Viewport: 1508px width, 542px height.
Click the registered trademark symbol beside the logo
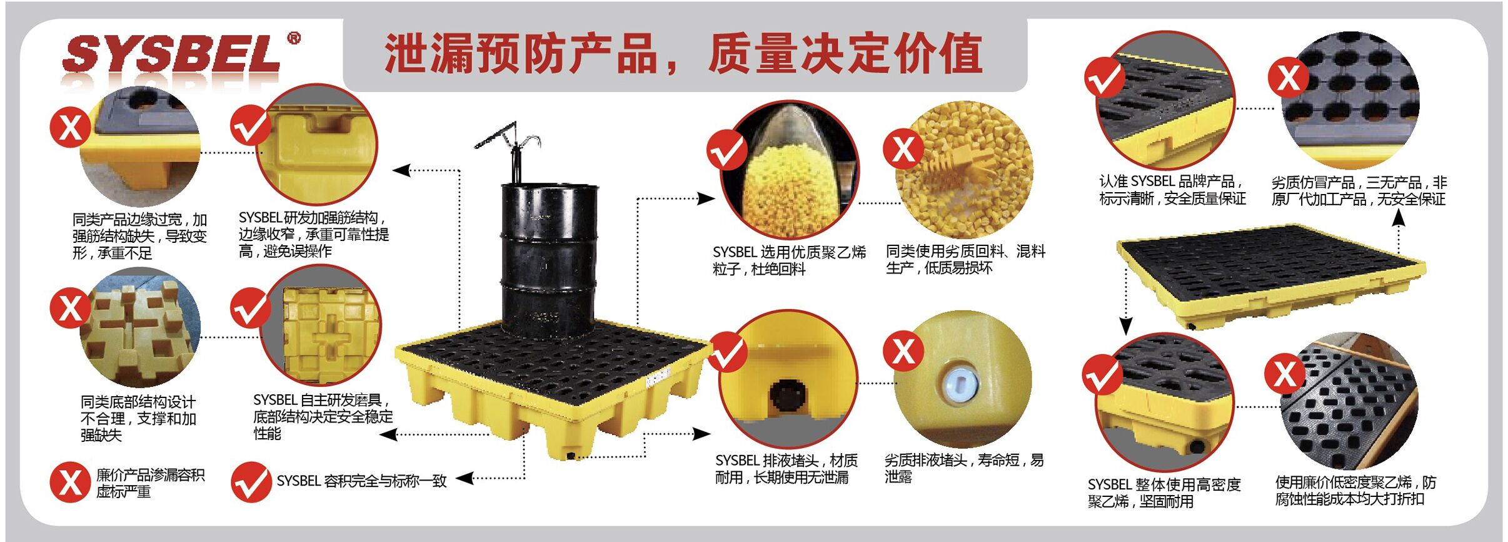(x=293, y=38)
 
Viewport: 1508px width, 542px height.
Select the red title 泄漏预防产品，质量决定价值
(x=684, y=54)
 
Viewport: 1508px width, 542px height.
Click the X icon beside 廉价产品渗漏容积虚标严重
(x=70, y=482)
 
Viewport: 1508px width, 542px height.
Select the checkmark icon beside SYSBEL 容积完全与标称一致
(x=251, y=482)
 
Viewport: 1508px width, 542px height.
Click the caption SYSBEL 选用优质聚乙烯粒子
(x=790, y=260)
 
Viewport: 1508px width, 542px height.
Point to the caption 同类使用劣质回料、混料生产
(x=965, y=259)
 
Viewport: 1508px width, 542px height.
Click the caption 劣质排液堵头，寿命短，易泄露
(x=964, y=468)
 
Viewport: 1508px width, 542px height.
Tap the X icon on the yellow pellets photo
(x=903, y=150)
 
